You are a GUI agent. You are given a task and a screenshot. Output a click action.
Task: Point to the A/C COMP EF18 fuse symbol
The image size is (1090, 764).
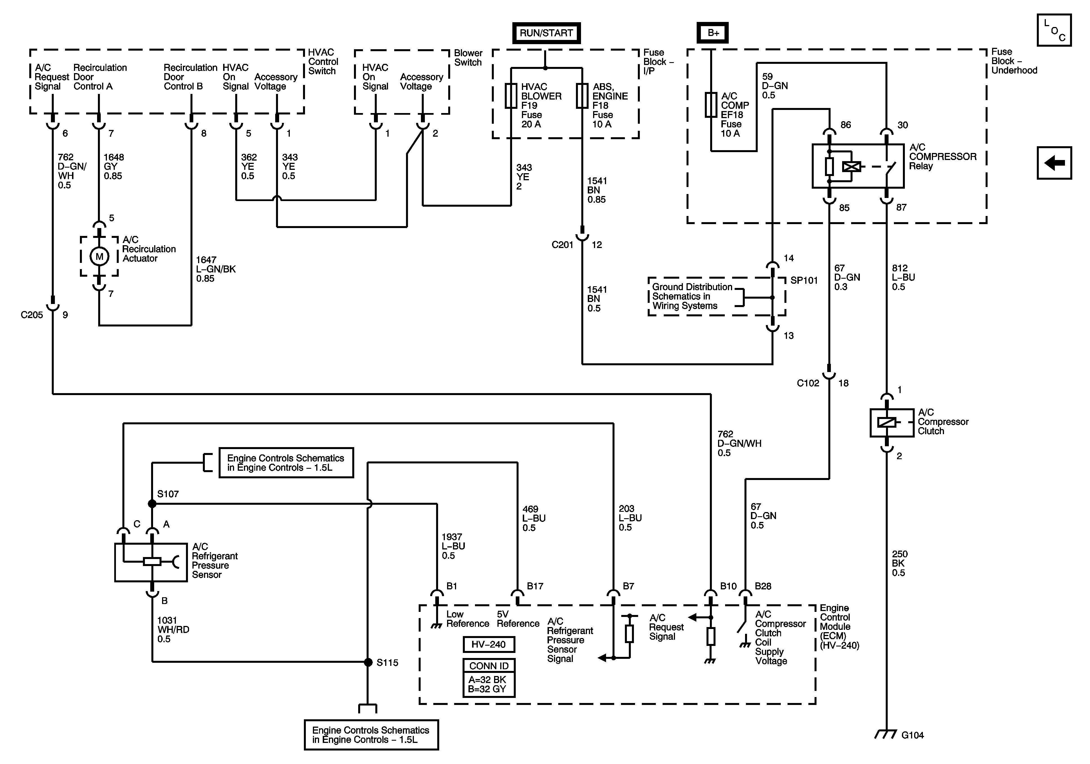click(711, 105)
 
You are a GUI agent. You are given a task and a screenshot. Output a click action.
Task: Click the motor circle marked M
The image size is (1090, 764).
click(99, 257)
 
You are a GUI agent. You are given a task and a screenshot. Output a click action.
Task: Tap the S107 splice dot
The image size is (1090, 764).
click(152, 504)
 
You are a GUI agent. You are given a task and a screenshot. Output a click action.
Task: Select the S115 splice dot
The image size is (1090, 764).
click(368, 662)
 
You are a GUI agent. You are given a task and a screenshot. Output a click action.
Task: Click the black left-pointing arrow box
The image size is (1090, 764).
click(1054, 163)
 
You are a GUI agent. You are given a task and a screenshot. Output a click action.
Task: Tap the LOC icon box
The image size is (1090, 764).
click(1054, 30)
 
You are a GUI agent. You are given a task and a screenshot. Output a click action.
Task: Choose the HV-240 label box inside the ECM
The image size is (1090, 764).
click(488, 644)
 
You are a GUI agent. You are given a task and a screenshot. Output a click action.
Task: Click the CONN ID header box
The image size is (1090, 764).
click(488, 666)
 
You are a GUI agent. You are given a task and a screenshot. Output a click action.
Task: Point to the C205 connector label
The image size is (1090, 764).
click(32, 315)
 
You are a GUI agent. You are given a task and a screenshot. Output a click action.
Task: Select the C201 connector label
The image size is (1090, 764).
click(562, 245)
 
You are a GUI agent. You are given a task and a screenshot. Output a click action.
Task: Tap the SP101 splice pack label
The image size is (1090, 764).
click(804, 280)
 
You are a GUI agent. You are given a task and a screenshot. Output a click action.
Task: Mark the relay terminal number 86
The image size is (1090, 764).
click(845, 125)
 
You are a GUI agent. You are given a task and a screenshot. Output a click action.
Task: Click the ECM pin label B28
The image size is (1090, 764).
click(763, 586)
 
